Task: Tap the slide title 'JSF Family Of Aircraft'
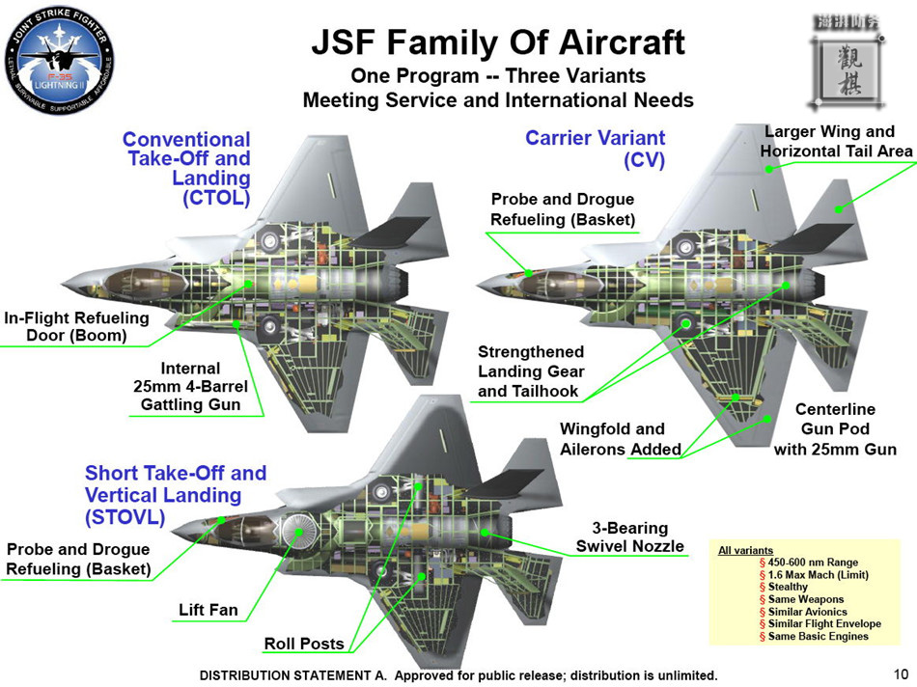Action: (x=498, y=42)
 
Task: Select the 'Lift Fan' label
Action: (x=208, y=610)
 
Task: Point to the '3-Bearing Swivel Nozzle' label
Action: (x=629, y=537)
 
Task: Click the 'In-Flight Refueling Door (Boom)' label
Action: (x=76, y=326)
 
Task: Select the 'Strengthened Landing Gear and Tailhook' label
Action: (x=531, y=371)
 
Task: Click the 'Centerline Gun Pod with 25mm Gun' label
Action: (x=835, y=428)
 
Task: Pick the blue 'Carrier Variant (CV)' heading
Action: (x=595, y=149)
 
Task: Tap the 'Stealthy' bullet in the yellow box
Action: (x=788, y=587)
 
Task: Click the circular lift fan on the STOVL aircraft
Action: (x=300, y=531)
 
